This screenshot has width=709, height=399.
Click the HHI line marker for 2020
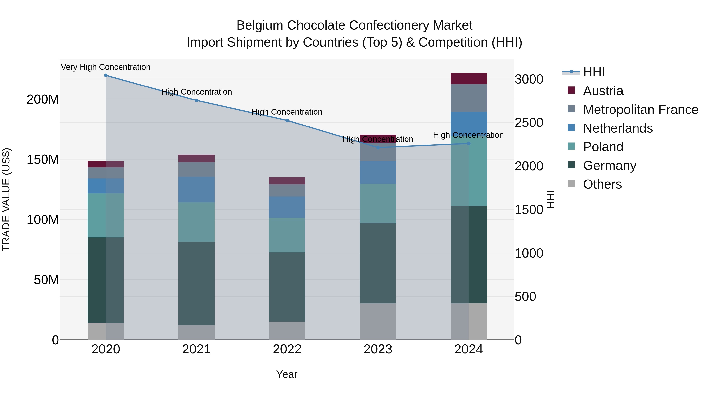tap(106, 75)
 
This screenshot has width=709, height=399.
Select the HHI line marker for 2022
tap(287, 121)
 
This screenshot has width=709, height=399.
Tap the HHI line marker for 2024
tap(469, 143)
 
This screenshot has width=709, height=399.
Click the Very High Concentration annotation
tap(106, 67)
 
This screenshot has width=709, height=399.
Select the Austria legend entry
tap(603, 91)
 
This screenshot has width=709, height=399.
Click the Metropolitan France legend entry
tap(640, 110)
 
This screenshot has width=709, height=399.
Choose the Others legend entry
tap(602, 184)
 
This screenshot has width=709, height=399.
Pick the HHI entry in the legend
tap(594, 72)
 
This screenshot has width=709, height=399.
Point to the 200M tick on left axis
tap(43, 99)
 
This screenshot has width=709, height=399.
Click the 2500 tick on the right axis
tap(529, 123)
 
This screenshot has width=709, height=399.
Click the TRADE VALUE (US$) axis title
tap(6, 199)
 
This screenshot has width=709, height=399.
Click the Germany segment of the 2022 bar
tap(287, 287)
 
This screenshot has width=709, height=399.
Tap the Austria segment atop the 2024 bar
tap(469, 79)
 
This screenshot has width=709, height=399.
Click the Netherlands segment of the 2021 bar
tap(197, 189)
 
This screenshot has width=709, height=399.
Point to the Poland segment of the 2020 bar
tap(106, 215)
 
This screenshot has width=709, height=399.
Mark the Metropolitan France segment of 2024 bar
tap(469, 98)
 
